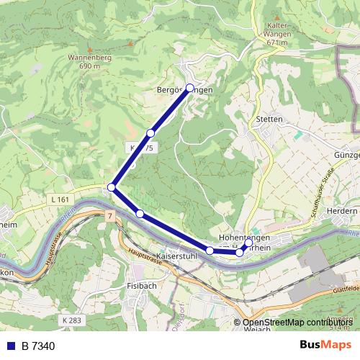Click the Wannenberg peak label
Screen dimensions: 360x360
tap(89, 56)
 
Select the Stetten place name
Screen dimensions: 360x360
tap(269, 119)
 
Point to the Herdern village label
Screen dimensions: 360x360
tap(343, 211)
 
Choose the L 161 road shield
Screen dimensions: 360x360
tap(61, 198)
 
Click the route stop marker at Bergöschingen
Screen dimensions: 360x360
tap(190, 88)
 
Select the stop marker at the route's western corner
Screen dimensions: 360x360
tap(112, 188)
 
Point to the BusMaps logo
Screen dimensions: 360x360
tap(326, 346)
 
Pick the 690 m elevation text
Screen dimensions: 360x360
tap(90, 66)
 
